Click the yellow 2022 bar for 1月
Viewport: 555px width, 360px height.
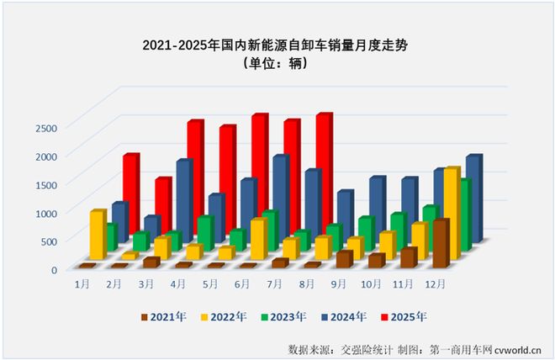click(97, 236)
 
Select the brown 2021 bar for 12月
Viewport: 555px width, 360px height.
click(440, 244)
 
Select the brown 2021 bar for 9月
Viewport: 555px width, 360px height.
click(342, 259)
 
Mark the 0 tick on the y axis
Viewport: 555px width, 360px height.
click(52, 270)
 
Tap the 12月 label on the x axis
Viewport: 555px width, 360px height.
click(436, 285)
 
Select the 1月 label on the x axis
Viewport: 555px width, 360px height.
click(82, 285)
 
